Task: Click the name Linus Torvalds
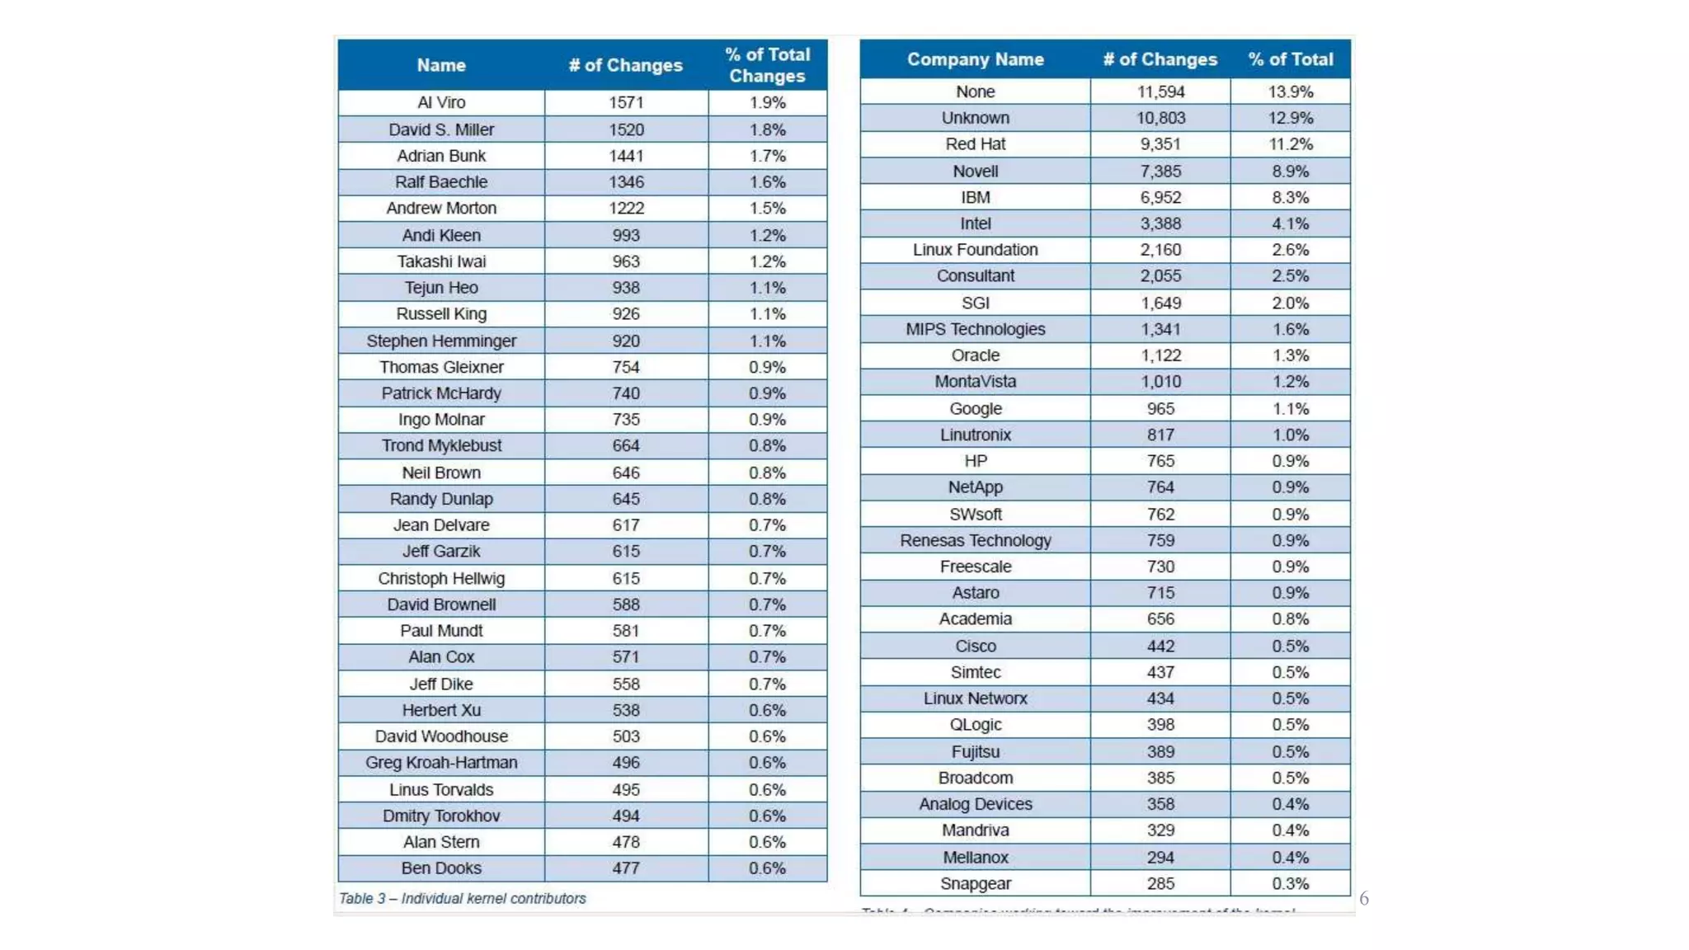(x=441, y=789)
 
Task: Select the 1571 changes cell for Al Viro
(x=626, y=102)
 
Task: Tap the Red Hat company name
(x=975, y=144)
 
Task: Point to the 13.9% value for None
(x=1290, y=92)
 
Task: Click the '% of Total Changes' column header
(x=767, y=65)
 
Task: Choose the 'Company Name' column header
(x=975, y=59)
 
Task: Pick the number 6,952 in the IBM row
(x=1160, y=197)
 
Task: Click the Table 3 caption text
(x=462, y=898)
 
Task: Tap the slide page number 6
(x=1364, y=898)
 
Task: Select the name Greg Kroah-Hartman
(x=441, y=763)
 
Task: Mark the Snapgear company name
(x=975, y=883)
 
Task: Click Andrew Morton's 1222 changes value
(x=626, y=208)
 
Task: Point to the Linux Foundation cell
(x=975, y=250)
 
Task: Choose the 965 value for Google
(x=1160, y=408)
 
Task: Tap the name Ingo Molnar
(x=441, y=419)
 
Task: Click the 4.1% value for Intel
(x=1290, y=223)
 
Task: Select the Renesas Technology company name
(x=975, y=540)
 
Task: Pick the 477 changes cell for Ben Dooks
(x=626, y=868)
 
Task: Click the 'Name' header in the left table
(x=441, y=65)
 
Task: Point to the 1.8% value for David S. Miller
(x=767, y=129)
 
